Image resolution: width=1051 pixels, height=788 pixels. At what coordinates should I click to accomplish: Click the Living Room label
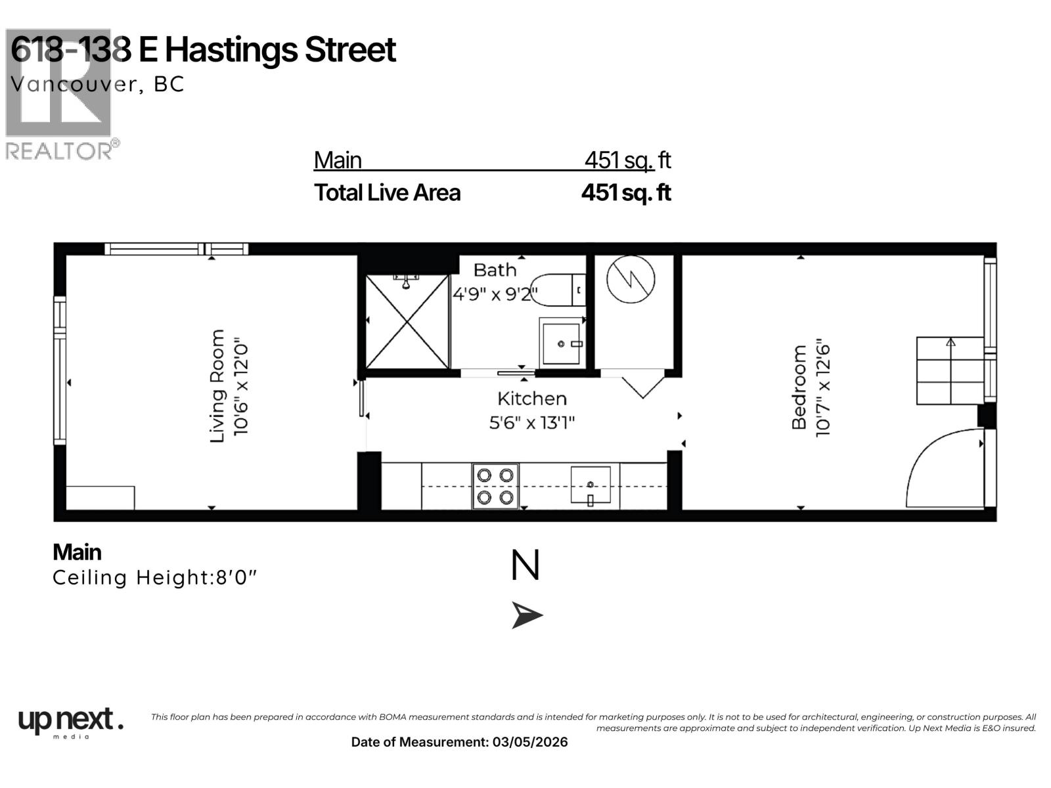pyautogui.click(x=217, y=386)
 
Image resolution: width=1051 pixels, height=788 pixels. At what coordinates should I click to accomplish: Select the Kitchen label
pyautogui.click(x=531, y=399)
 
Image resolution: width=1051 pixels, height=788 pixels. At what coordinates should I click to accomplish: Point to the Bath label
pyautogui.click(x=495, y=270)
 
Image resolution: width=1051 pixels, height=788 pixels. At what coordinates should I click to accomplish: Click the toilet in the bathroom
pyautogui.click(x=556, y=290)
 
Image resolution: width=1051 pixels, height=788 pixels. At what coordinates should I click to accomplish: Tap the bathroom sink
pyautogui.click(x=561, y=342)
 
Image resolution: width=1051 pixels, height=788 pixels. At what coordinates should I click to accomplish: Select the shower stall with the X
pyautogui.click(x=407, y=322)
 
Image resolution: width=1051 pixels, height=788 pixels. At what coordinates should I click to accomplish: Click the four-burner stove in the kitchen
pyautogui.click(x=495, y=486)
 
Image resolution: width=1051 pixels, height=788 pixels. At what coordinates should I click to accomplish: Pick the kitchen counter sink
pyautogui.click(x=590, y=485)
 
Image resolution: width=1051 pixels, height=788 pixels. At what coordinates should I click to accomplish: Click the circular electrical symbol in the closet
pyautogui.click(x=631, y=279)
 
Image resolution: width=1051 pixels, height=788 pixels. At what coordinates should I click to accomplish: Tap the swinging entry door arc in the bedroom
pyautogui.click(x=943, y=470)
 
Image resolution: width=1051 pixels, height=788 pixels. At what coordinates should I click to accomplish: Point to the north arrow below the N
pyautogui.click(x=527, y=616)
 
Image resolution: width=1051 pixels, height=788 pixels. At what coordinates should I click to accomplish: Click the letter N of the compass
pyautogui.click(x=525, y=566)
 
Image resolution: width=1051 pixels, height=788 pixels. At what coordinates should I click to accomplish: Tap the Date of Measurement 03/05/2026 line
pyautogui.click(x=459, y=742)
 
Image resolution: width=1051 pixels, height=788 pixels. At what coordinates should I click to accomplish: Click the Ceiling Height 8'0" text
pyautogui.click(x=155, y=578)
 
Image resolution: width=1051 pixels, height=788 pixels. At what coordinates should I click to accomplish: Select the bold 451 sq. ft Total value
pyautogui.click(x=625, y=192)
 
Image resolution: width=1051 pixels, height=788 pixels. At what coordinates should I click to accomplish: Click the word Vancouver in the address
pyautogui.click(x=73, y=84)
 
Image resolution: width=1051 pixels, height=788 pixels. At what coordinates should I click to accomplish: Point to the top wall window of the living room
pyautogui.click(x=176, y=249)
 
